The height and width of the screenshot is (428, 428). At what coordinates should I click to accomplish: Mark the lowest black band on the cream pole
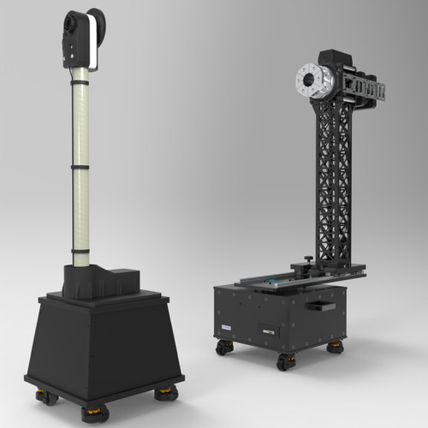pyautogui.click(x=80, y=250)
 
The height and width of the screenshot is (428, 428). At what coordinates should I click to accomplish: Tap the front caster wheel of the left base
pyautogui.click(x=95, y=413)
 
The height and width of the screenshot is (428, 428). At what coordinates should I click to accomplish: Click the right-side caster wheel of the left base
pyautogui.click(x=164, y=393)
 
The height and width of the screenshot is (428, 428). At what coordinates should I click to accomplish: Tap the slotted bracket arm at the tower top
pyautogui.click(x=364, y=89)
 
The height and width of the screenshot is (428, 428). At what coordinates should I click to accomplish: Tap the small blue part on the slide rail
pyautogui.click(x=272, y=282)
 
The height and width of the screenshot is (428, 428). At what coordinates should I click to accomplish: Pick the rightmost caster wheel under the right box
pyautogui.click(x=335, y=347)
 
